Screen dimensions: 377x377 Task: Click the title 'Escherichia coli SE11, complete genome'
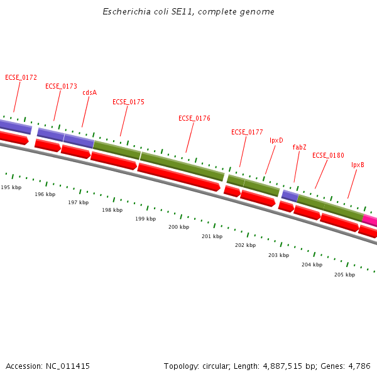coord(188,12)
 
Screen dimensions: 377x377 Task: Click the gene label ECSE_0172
coord(21,78)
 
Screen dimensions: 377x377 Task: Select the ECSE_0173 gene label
coord(61,86)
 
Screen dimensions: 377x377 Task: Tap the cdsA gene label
coord(89,92)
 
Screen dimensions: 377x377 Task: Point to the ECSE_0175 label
coord(128,102)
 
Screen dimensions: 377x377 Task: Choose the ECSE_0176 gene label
coord(194,118)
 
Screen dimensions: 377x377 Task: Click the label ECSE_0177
coord(247,133)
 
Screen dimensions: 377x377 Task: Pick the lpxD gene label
coord(276,140)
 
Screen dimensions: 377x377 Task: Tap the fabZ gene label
coord(299,147)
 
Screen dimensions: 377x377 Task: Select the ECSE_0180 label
coord(328,155)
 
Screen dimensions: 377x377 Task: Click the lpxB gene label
coord(358,165)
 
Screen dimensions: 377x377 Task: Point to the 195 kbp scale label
coord(11,187)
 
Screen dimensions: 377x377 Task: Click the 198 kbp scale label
coord(112,210)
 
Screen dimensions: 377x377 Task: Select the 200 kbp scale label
coord(178,227)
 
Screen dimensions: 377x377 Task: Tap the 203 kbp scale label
coord(278,255)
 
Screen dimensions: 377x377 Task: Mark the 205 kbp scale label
coord(344,275)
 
